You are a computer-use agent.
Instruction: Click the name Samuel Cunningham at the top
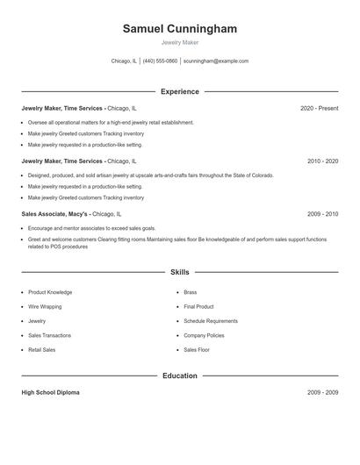point(180,29)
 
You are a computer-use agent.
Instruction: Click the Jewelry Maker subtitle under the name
point(180,43)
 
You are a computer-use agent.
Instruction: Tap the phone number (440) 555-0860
point(160,61)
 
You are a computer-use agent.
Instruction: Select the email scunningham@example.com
point(216,61)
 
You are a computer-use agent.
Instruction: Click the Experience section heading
point(180,91)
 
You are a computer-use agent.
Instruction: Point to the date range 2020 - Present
point(319,109)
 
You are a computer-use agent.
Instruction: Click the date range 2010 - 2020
point(322,161)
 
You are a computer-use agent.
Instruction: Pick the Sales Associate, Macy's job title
point(54,214)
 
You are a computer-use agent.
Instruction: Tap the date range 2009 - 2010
point(322,214)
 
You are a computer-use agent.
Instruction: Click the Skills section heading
point(180,273)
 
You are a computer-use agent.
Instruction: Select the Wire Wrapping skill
point(46,307)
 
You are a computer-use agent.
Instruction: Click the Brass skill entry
point(190,292)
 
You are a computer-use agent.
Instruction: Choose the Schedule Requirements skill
point(211,321)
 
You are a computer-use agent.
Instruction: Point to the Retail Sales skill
point(41,350)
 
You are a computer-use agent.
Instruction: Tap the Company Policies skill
point(204,335)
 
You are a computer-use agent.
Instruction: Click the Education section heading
point(180,376)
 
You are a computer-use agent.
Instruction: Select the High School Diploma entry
point(50,393)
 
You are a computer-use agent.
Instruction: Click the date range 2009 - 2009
point(322,393)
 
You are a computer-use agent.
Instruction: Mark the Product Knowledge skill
point(50,292)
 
